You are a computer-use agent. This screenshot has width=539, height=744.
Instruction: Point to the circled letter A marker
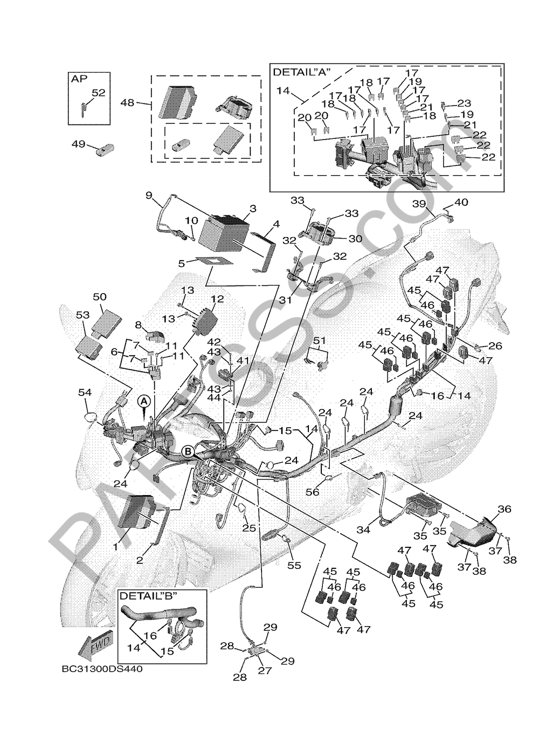[143, 401]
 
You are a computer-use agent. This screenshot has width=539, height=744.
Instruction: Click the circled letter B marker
[188, 452]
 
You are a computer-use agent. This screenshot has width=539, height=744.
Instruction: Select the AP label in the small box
[79, 79]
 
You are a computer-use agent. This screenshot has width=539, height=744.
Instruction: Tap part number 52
[98, 92]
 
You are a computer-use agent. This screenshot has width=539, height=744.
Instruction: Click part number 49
[79, 144]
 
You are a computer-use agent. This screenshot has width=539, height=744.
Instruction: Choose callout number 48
[127, 102]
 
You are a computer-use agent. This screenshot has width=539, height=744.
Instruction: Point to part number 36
[504, 509]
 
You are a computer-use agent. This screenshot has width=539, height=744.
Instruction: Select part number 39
[419, 203]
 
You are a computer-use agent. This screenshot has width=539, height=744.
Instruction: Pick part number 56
[312, 491]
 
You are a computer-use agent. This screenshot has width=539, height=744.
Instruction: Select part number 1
[115, 547]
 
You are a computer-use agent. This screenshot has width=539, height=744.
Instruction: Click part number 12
[217, 298]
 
